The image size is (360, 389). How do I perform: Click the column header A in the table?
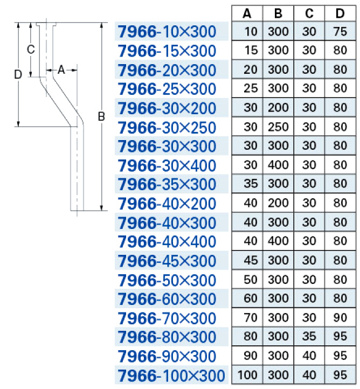pyautogui.click(x=247, y=13)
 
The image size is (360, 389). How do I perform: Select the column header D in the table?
pyautogui.click(x=340, y=13)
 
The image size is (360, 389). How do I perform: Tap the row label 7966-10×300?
pyautogui.click(x=167, y=31)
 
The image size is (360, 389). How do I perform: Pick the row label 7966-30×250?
pyautogui.click(x=167, y=127)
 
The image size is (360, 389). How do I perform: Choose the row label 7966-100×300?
pyautogui.click(x=171, y=375)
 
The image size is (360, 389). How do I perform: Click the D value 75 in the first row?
pyautogui.click(x=340, y=31)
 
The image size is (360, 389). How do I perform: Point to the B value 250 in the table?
pyautogui.click(x=278, y=127)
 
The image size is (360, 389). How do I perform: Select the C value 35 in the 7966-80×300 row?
pyautogui.click(x=309, y=336)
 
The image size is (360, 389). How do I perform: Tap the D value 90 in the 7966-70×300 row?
pyautogui.click(x=340, y=317)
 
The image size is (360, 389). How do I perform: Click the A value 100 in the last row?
pyautogui.click(x=247, y=374)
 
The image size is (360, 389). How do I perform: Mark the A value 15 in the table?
pyautogui.click(x=251, y=50)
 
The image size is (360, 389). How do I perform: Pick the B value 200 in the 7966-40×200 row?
pyautogui.click(x=278, y=203)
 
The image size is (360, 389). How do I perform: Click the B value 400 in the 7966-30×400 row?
pyautogui.click(x=278, y=165)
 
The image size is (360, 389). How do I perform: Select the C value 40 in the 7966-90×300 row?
pyautogui.click(x=309, y=356)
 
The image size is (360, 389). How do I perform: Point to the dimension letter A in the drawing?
pyautogui.click(x=61, y=70)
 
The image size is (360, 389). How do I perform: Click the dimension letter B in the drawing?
pyautogui.click(x=101, y=116)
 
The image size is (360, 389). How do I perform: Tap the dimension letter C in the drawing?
pyautogui.click(x=31, y=50)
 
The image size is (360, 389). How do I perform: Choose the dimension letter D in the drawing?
pyautogui.click(x=18, y=74)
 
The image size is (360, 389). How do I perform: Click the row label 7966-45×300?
pyautogui.click(x=167, y=260)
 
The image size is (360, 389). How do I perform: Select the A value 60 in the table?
pyautogui.click(x=251, y=298)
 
